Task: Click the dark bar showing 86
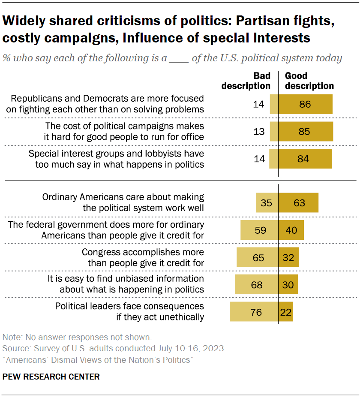coord(306,104)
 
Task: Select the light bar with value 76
coord(254,312)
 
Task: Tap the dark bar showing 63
coord(298,202)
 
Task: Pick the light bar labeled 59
coord(259,230)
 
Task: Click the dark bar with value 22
coord(286,312)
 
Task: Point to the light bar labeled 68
coord(257,284)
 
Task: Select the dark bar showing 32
coord(288,257)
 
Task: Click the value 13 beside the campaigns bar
coord(259,132)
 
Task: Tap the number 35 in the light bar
coord(267,202)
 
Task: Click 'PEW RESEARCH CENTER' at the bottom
coord(51,377)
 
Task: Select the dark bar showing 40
coord(291,230)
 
